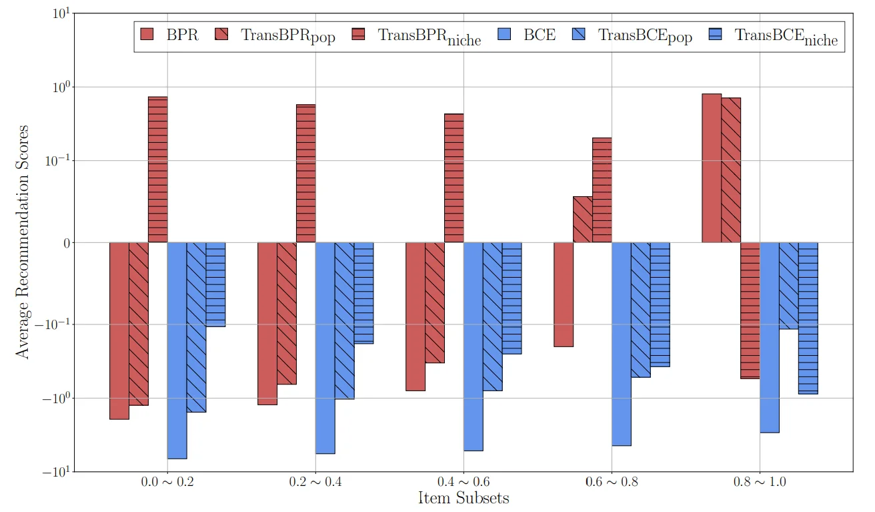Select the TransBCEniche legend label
786,36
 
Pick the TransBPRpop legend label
288,36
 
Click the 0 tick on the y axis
67,243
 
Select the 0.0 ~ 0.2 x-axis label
167,481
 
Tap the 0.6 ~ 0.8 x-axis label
612,481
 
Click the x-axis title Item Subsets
464,498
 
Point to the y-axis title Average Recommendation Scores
23,242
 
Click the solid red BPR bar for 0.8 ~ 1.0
711,168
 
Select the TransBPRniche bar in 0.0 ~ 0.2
158,170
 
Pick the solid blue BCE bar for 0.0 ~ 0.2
177,350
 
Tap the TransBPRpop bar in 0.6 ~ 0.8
583,220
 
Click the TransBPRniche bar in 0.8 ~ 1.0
750,310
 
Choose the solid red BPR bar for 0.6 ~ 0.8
564,294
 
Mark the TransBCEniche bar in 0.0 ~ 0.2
215,284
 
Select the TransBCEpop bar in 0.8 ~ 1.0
788,286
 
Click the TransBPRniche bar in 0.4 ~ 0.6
454,178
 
